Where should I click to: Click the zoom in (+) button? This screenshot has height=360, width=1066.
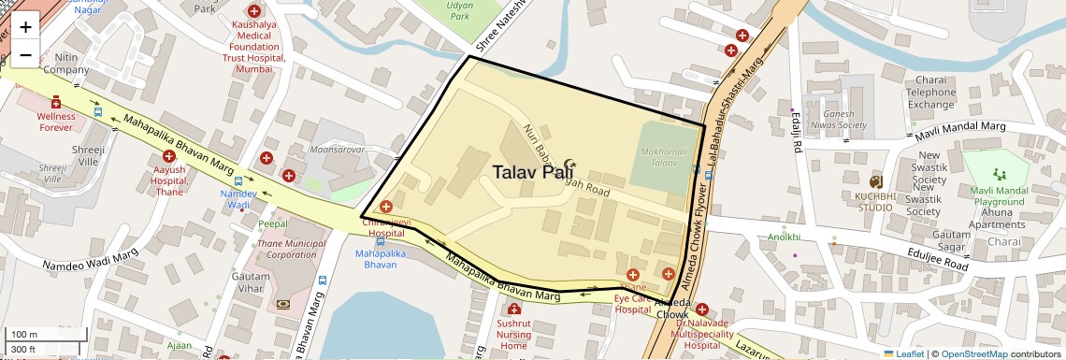(x=25, y=27)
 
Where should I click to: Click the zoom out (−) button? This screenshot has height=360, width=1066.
(x=25, y=55)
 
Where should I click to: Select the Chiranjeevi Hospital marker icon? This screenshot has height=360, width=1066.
(x=385, y=206)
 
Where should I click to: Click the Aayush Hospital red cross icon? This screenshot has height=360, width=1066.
(x=169, y=156)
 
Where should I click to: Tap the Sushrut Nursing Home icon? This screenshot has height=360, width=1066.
(x=512, y=310)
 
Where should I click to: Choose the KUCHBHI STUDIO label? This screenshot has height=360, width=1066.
(x=874, y=201)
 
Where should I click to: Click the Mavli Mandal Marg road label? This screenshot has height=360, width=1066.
(x=960, y=130)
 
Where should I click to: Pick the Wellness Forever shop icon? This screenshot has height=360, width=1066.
(x=56, y=101)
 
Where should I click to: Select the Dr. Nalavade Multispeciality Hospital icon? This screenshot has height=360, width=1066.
(x=701, y=309)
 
